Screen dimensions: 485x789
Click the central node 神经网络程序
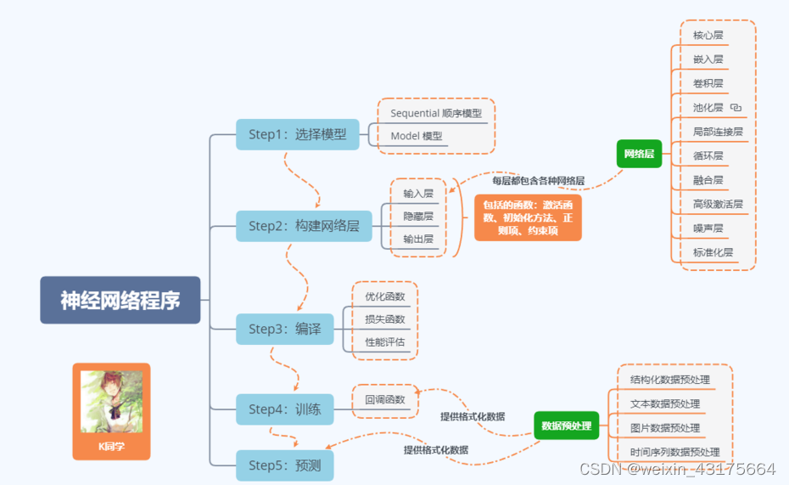point(120,300)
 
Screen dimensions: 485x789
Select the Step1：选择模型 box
point(297,134)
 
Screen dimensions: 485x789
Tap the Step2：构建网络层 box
point(304,226)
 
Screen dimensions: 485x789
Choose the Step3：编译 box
point(284,329)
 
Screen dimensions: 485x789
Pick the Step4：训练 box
point(284,409)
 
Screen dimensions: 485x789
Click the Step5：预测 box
point(284,465)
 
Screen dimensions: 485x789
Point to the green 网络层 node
point(639,154)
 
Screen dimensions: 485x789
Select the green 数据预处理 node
point(567,426)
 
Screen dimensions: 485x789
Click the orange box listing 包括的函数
point(528,217)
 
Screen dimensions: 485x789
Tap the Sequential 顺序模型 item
point(435,113)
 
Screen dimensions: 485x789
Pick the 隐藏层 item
point(418,217)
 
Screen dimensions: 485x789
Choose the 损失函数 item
point(384,319)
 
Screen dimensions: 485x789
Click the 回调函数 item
point(385,399)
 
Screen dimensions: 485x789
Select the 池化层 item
point(708,108)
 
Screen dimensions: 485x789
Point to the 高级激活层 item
point(717,205)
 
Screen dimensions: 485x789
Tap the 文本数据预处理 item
point(665,404)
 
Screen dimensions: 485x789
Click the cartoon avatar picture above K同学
point(111,401)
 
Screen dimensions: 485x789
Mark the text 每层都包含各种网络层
point(538,181)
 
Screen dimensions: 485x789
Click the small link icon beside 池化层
point(736,108)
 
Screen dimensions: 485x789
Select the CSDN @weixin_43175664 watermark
point(677,469)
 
